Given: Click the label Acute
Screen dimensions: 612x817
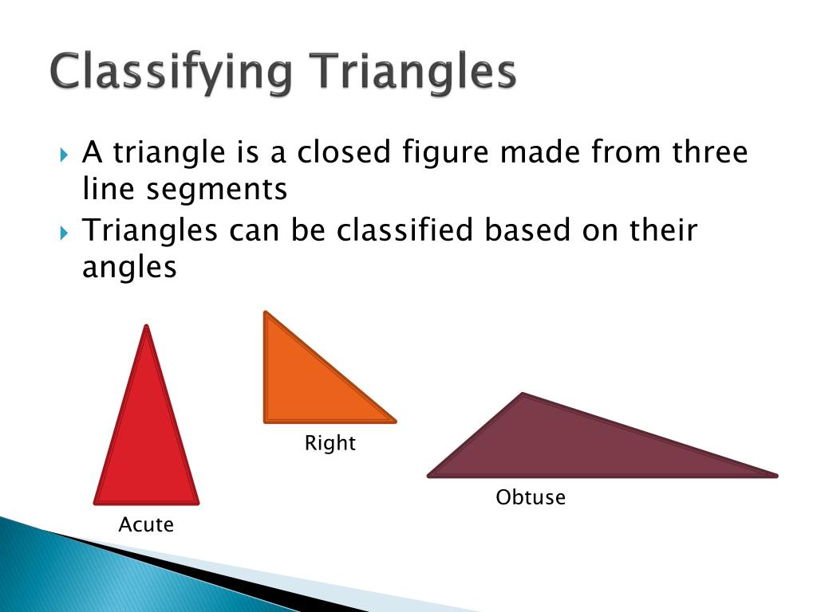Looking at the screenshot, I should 146,524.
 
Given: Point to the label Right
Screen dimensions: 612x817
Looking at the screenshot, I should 330,443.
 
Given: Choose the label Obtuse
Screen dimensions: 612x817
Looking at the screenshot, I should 531,498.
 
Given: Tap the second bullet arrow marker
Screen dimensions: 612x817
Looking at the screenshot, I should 65,233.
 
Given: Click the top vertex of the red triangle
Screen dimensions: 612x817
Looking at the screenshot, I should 147,328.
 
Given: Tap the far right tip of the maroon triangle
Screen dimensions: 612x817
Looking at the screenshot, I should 774,476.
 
